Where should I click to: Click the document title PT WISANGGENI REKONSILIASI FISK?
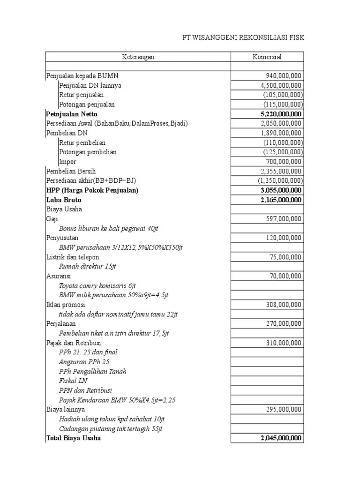tap(243, 37)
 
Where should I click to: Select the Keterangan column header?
tap(138, 57)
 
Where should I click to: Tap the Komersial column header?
tap(267, 57)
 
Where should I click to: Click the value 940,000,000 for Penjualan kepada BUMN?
tap(282, 76)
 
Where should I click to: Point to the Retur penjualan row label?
tap(82, 95)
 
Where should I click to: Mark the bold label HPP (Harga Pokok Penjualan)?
tap(93, 190)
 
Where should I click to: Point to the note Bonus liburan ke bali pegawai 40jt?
tap(109, 228)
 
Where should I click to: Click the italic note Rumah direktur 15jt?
tap(87, 266)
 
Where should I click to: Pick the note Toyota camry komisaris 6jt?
tap(97, 285)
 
